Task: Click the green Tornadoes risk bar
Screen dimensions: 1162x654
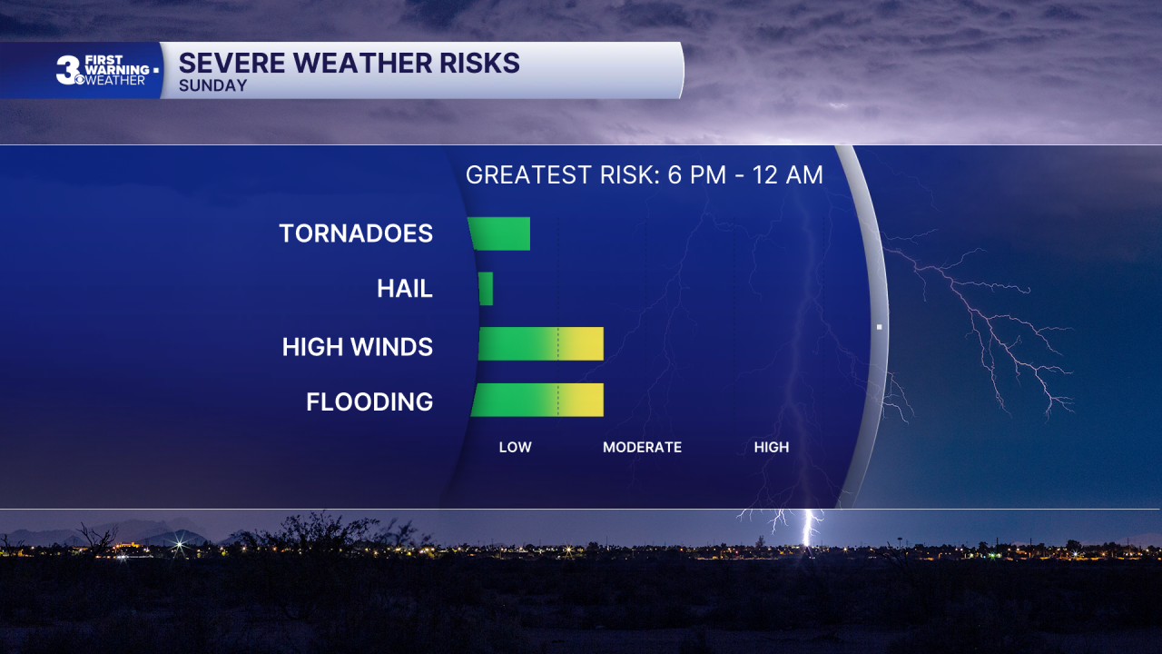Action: click(x=499, y=233)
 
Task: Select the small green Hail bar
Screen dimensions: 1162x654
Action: click(x=486, y=289)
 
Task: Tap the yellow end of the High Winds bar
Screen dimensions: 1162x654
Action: click(x=582, y=343)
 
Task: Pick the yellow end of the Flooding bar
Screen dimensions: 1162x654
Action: click(x=582, y=400)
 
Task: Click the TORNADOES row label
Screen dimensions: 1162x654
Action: click(x=356, y=233)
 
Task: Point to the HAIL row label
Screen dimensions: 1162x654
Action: click(x=405, y=289)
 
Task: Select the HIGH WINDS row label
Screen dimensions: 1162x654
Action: click(x=358, y=347)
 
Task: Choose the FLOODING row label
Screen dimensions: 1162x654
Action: click(x=369, y=401)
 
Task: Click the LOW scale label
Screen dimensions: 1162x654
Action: click(x=515, y=447)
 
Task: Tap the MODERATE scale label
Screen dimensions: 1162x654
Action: click(x=642, y=447)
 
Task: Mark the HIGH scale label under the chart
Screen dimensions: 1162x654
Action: click(x=772, y=447)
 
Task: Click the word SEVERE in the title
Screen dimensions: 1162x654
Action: click(x=231, y=64)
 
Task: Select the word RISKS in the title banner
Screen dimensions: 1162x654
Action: click(x=479, y=64)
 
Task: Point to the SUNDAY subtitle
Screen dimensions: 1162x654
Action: click(x=213, y=85)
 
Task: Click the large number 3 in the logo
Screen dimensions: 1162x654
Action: click(x=67, y=70)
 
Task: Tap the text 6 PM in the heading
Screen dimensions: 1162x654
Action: click(x=696, y=175)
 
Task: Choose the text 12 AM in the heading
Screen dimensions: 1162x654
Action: click(x=787, y=175)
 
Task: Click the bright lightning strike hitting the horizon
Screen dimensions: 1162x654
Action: click(x=807, y=528)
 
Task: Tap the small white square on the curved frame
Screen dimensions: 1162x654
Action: click(x=880, y=327)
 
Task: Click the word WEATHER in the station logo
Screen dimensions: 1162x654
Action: click(x=114, y=81)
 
